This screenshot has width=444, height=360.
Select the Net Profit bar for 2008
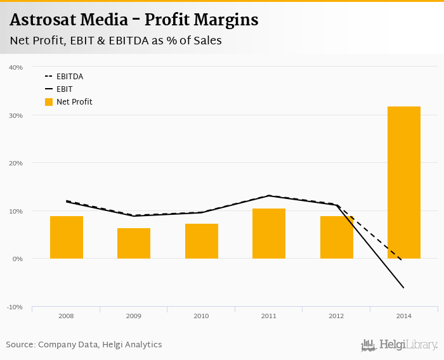pos(67,237)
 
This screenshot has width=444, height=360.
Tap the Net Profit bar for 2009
pos(134,243)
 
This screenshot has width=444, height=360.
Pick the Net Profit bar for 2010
pos(202,241)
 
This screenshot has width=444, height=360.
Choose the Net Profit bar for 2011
pos(269,233)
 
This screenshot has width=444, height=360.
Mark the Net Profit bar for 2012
pos(336,237)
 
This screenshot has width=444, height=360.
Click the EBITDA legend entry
pos(69,77)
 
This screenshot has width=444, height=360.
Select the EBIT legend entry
pos(64,89)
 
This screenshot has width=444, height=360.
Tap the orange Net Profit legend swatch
pos(49,102)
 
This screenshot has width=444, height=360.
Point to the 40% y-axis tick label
pos(16,67)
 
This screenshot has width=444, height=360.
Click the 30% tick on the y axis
pos(16,115)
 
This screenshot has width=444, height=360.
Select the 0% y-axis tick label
pos(18,259)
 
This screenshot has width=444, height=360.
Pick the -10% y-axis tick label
pos(15,307)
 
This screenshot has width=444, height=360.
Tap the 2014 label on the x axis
pos(404,315)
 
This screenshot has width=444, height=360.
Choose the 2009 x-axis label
pos(134,315)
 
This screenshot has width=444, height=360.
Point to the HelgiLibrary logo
pos(400,345)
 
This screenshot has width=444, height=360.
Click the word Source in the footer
pos(20,345)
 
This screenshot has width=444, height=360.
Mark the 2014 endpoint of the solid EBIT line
pos(403,288)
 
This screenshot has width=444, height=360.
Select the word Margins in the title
pos(225,20)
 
